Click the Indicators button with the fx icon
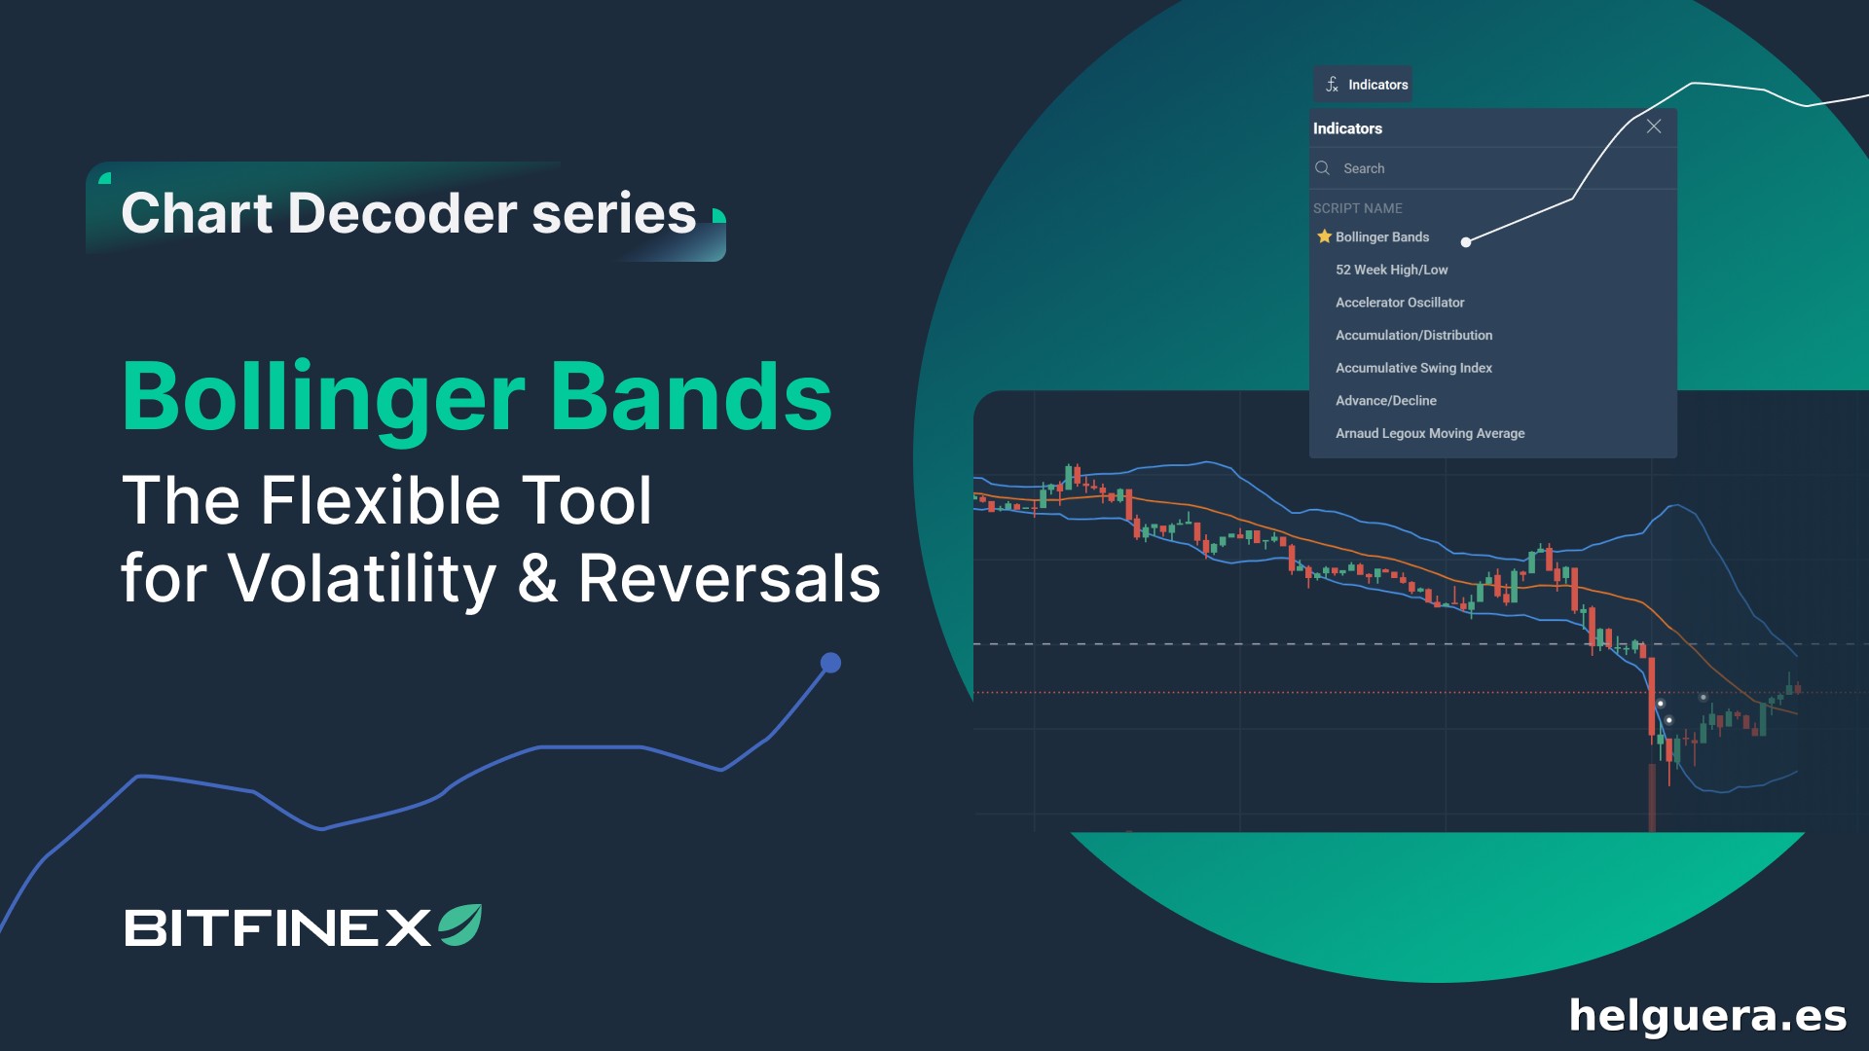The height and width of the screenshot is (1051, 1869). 1363,85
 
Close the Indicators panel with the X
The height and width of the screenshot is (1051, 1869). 1654,127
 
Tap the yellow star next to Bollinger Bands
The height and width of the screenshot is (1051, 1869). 1324,236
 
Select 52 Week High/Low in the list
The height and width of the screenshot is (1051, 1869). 1391,270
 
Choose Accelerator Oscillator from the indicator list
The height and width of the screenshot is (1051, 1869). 1400,303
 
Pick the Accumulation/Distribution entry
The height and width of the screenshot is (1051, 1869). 1413,335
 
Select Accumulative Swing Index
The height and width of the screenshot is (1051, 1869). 1413,368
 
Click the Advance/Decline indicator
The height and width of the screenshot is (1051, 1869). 1386,401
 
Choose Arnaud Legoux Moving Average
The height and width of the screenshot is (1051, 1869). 1430,433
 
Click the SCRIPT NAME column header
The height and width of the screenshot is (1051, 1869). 1358,208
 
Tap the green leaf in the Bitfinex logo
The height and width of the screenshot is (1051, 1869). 460,924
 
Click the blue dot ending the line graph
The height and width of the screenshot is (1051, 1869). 830,663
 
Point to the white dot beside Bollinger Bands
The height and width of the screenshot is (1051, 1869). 1466,242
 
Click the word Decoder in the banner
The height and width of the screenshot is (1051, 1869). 402,213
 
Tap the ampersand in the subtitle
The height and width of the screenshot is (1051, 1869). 537,578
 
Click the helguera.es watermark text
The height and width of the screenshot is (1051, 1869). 1707,1016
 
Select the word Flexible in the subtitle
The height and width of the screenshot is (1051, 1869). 381,500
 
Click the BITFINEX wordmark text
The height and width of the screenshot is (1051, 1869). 277,927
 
